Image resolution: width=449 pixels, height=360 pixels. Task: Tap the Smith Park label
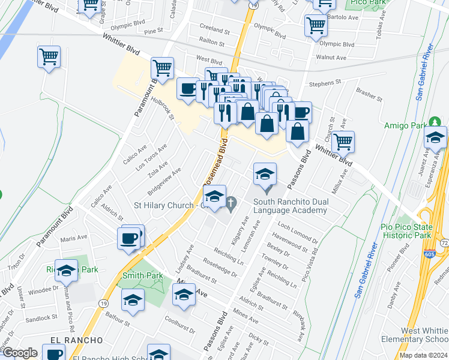pos(142,276)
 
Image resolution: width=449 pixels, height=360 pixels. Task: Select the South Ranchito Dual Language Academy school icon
pos(265,175)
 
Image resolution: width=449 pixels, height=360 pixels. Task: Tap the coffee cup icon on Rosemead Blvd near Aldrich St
pos(130,238)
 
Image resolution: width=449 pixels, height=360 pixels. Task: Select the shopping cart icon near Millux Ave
pos(343,142)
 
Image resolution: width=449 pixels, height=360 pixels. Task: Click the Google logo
pos(20,352)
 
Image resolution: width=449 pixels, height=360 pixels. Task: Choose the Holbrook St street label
pos(163,109)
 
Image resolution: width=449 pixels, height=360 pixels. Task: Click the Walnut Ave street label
pos(332,58)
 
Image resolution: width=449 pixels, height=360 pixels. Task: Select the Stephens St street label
pos(325,82)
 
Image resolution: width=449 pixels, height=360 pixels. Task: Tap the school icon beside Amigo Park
pos(435,138)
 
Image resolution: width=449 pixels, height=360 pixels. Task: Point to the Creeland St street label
pos(215,30)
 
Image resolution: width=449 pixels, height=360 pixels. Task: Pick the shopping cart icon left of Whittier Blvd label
pos(49,57)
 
